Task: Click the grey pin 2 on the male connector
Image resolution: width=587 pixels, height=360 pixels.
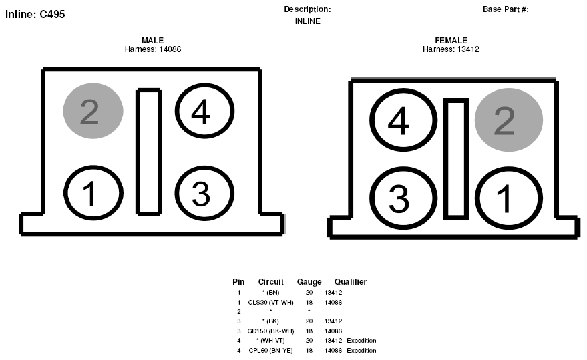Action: (x=93, y=111)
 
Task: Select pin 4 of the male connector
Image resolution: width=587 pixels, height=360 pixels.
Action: (x=204, y=111)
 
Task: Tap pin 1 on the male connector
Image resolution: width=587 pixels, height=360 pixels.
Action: (x=93, y=193)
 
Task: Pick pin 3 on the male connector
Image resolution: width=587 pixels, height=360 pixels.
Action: (x=204, y=193)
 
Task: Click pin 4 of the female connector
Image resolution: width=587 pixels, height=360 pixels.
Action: (x=403, y=120)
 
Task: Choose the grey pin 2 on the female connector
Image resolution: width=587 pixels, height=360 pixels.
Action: (x=509, y=120)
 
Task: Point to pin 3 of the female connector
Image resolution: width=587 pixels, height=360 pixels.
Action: (x=403, y=198)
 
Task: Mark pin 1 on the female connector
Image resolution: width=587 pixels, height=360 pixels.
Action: (x=509, y=198)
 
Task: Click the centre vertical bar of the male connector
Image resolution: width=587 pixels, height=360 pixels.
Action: (x=149, y=152)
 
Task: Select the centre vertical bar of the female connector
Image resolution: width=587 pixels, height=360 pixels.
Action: (x=456, y=159)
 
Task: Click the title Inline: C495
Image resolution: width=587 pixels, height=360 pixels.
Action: (x=35, y=14)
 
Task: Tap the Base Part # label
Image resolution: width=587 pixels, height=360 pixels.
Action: (x=506, y=9)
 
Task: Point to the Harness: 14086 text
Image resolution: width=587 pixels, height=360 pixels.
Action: (x=153, y=49)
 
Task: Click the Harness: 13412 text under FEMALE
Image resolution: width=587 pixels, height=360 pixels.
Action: (x=451, y=49)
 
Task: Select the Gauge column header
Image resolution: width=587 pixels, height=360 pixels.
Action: (x=309, y=282)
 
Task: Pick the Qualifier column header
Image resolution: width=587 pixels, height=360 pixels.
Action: (x=351, y=282)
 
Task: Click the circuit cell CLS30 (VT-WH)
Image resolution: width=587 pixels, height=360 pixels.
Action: (x=270, y=303)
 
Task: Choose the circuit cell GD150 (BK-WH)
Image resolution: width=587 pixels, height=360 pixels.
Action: (x=270, y=331)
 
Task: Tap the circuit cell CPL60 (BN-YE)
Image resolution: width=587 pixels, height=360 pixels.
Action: (x=270, y=351)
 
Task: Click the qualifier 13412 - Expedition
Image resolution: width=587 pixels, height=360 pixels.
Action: (x=351, y=341)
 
